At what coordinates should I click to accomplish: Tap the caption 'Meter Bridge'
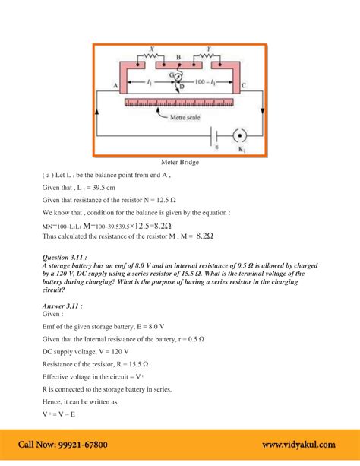click(x=179, y=162)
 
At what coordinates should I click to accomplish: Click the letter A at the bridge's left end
click(x=115, y=87)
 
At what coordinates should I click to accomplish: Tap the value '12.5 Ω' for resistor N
click(x=178, y=199)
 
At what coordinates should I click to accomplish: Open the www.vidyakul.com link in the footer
click(x=302, y=445)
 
